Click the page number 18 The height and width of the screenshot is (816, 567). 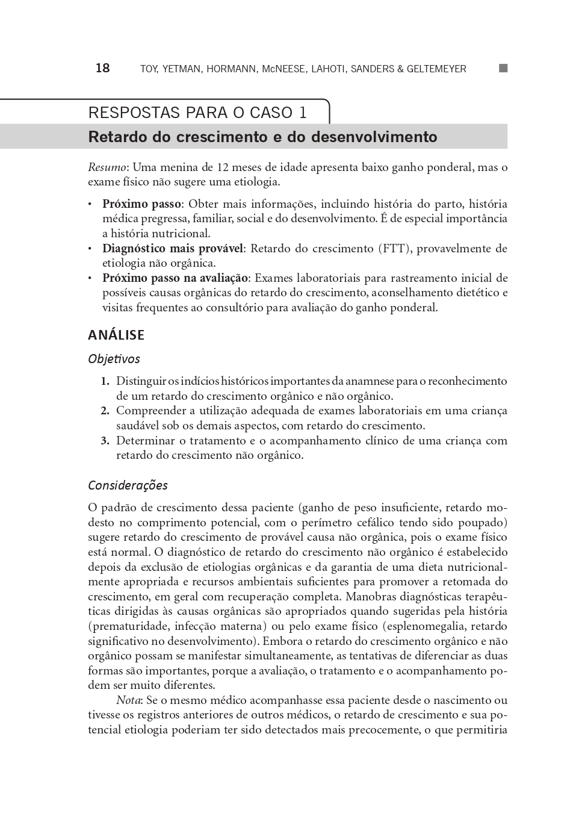pos(102,68)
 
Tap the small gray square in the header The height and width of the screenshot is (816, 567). pos(503,68)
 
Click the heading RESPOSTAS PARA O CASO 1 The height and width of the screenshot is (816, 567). pos(197,113)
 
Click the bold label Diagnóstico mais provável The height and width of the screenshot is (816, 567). pos(172,249)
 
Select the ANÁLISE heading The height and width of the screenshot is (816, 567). pos(116,335)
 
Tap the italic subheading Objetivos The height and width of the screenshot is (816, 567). pos(114,359)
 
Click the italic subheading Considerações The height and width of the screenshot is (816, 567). pos(128,485)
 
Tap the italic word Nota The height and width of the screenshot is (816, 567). pos(128,700)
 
